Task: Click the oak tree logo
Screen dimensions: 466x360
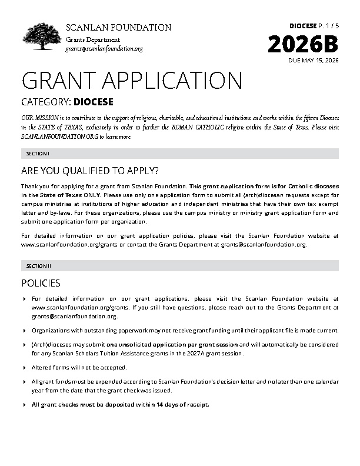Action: tap(42, 37)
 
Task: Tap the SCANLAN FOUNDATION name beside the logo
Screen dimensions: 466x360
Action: tap(118, 28)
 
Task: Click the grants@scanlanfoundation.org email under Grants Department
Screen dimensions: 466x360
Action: tap(104, 48)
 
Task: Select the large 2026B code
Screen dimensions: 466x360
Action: tap(304, 45)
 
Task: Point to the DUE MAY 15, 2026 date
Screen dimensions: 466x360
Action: tap(314, 61)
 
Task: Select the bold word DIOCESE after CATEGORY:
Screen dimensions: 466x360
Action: tap(94, 102)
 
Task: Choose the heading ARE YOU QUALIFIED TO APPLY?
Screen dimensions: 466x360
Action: tap(89, 171)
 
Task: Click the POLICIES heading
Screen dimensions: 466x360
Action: tap(41, 283)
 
